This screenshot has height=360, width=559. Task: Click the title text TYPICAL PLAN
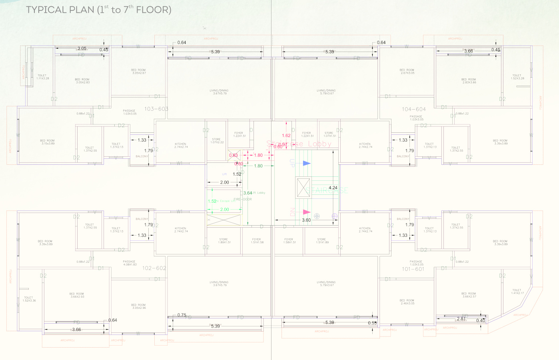pos(60,10)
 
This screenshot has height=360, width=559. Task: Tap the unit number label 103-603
pos(156,109)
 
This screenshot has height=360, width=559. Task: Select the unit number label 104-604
pos(414,109)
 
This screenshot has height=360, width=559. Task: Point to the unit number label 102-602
pos(154,268)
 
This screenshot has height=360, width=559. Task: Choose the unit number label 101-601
pos(413,269)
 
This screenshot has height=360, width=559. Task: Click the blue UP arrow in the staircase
pos(307,163)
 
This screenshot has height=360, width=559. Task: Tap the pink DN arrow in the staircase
pos(307,212)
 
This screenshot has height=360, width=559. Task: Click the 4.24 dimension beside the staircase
pos(333,188)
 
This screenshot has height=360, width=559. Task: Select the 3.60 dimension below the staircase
pos(306,220)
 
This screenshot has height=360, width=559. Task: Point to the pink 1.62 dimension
pos(286,136)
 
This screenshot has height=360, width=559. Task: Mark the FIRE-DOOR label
pos(243,199)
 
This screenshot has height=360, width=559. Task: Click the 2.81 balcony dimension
pos(461,319)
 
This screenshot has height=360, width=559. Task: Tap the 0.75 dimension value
pos(182,315)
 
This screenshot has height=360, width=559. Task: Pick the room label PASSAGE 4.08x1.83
pos(129,263)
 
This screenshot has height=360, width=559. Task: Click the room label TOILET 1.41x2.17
pos(517,292)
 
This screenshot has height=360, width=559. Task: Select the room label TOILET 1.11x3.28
pos(42,77)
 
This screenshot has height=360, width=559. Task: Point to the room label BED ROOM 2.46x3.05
pos(407,302)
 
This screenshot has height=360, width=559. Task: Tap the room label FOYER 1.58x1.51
pos(289,241)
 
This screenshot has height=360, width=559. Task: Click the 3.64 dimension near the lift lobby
pos(248,193)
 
